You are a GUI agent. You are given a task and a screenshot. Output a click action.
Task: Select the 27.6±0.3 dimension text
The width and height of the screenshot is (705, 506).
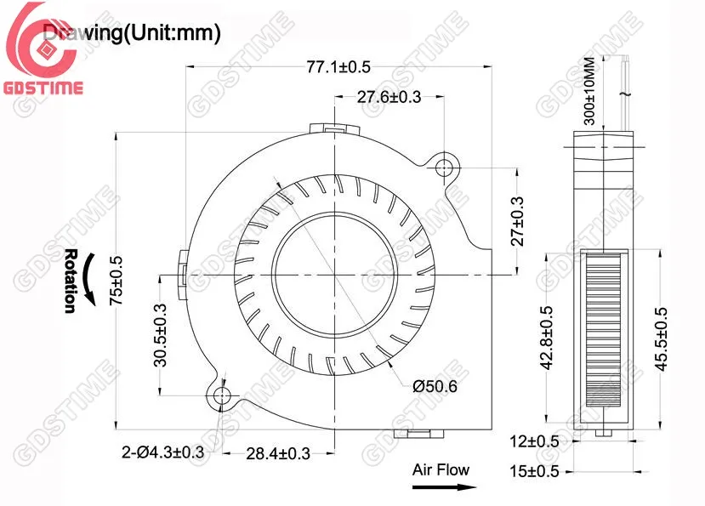[389, 98]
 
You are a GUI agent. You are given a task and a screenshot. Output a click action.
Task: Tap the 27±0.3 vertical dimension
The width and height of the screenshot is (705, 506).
[516, 220]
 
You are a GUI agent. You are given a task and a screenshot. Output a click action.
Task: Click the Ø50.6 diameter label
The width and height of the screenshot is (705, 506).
[435, 387]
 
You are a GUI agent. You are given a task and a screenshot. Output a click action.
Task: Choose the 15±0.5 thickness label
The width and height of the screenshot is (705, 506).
[533, 470]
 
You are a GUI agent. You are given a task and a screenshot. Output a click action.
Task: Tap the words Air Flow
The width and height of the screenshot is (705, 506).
[441, 469]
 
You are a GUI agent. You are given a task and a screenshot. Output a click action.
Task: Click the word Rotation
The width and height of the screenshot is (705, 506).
[71, 281]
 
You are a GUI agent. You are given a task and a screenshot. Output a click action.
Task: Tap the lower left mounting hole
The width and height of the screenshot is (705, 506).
[223, 395]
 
